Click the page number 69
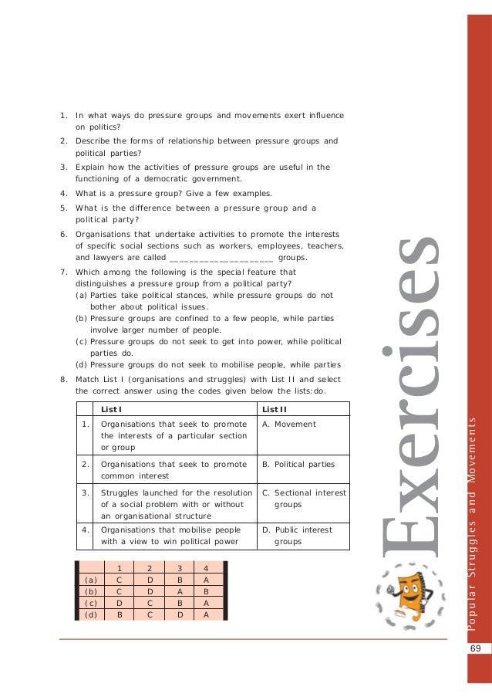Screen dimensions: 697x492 (x=475, y=649)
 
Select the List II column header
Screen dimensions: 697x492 (x=275, y=408)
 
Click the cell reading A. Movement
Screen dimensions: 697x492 (x=289, y=424)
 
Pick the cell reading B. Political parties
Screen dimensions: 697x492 (x=298, y=465)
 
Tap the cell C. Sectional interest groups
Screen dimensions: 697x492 (x=304, y=498)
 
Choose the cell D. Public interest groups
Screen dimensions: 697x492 (x=297, y=536)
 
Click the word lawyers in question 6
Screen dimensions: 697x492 (x=108, y=258)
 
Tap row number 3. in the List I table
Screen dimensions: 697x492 (x=87, y=492)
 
